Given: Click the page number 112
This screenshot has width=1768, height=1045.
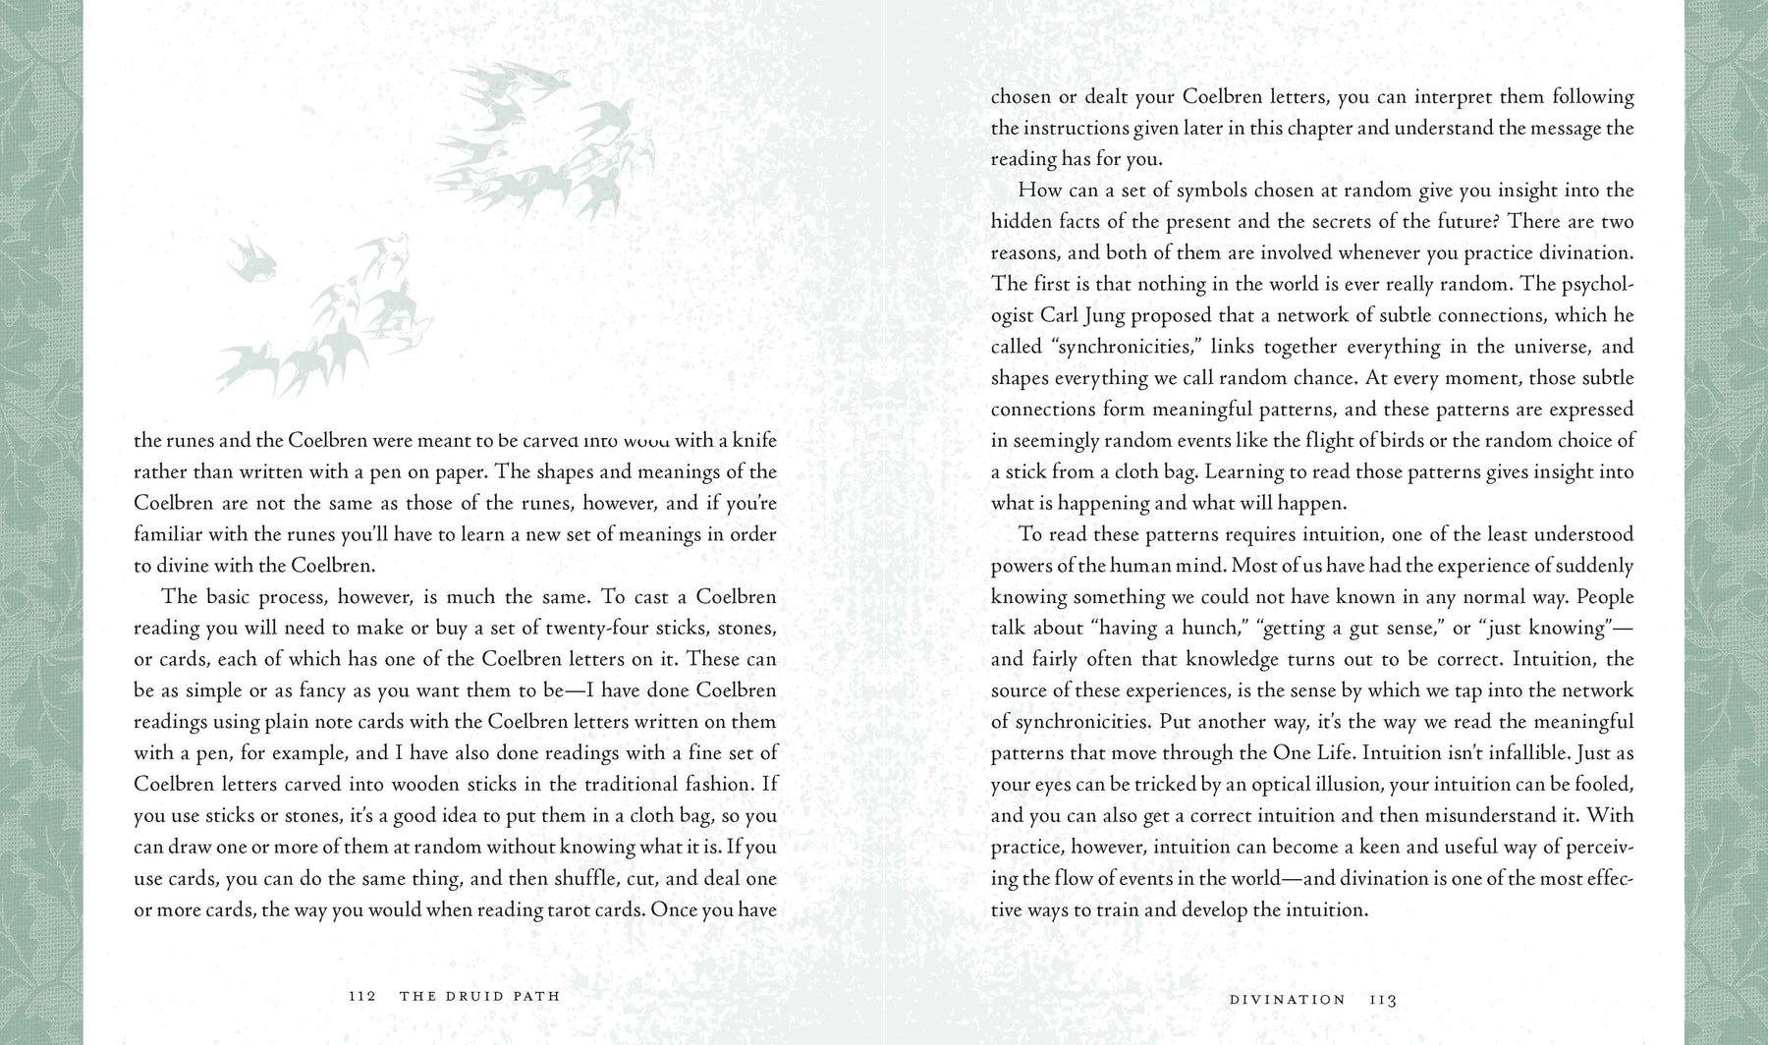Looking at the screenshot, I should click(x=362, y=996).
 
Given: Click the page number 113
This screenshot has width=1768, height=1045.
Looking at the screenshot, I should click(x=1383, y=1000).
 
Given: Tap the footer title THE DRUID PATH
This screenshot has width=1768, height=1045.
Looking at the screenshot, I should click(x=479, y=996).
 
